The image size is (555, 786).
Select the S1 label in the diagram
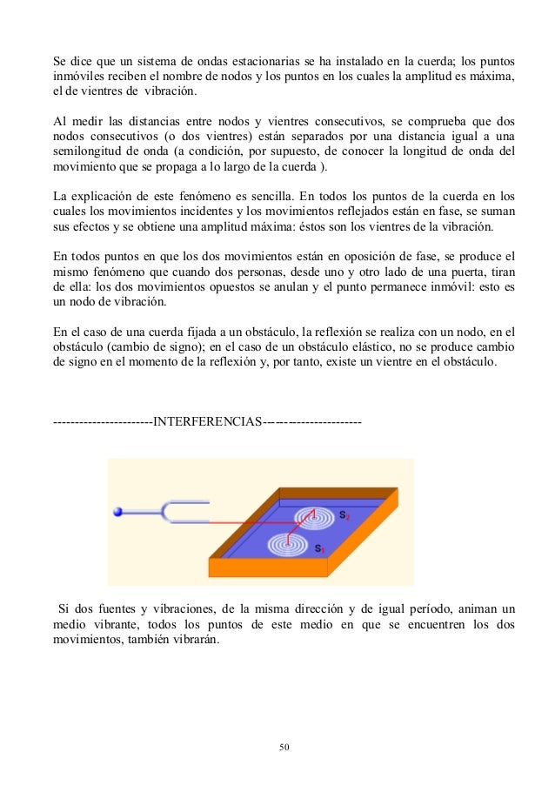[x=320, y=549]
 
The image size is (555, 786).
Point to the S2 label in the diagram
[x=344, y=515]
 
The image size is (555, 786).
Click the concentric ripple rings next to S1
[x=288, y=546]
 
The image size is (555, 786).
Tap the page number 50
[x=284, y=746]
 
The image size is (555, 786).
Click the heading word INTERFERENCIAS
[x=207, y=424]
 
